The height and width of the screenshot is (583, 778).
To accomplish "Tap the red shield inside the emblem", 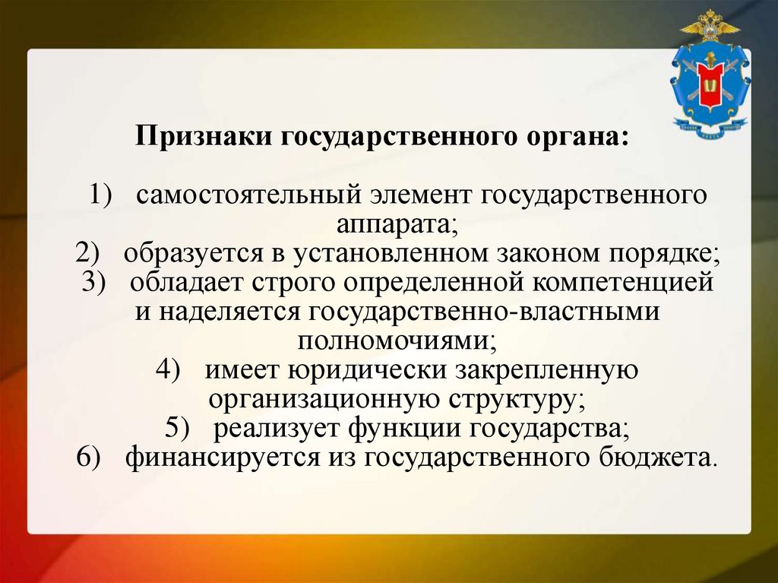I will pos(710,84).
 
